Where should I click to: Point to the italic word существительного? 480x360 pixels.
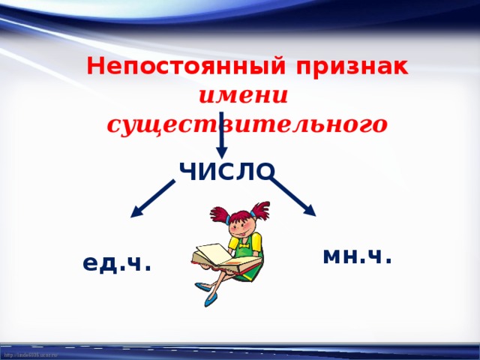pos(247,124)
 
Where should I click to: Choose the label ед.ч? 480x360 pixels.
pos(117,262)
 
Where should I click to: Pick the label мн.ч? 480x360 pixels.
pos(357,256)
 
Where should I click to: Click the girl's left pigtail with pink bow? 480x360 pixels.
pos(220,213)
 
